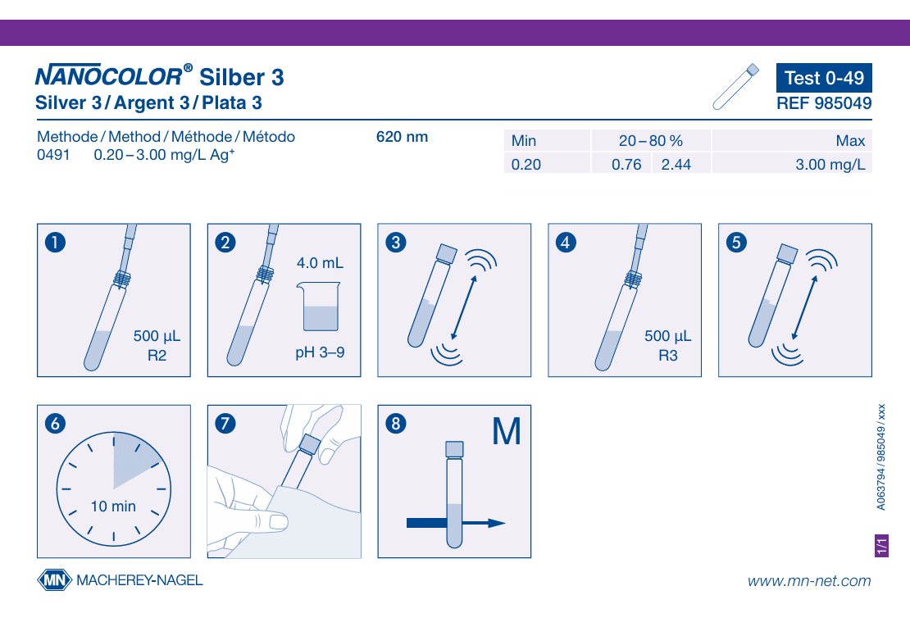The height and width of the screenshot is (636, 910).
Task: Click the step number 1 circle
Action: [x=55, y=242]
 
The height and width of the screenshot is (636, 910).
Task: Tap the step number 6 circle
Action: [x=55, y=424]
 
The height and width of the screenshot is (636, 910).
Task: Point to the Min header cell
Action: [x=547, y=140]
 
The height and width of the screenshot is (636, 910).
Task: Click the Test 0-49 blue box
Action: [x=824, y=78]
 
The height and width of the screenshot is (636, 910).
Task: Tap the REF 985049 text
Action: [x=824, y=103]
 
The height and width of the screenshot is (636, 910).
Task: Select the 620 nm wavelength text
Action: [x=403, y=137]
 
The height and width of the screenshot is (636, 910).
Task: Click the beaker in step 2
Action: [x=319, y=307]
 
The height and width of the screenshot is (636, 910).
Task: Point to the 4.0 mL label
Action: [x=320, y=263]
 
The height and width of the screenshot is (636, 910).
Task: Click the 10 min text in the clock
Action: [x=113, y=506]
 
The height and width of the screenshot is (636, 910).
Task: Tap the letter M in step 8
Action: [x=506, y=432]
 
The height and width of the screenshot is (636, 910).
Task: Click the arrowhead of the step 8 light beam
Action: [x=498, y=523]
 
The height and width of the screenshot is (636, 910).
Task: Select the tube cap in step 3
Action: [x=446, y=254]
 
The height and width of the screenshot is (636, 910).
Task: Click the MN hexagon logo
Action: [x=55, y=579]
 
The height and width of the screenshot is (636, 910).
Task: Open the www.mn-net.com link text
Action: [x=809, y=581]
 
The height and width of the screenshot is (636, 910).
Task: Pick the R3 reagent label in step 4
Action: [x=668, y=355]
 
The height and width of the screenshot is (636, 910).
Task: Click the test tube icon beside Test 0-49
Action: [x=736, y=86]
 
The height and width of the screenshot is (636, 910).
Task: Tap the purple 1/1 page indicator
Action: [x=881, y=546]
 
